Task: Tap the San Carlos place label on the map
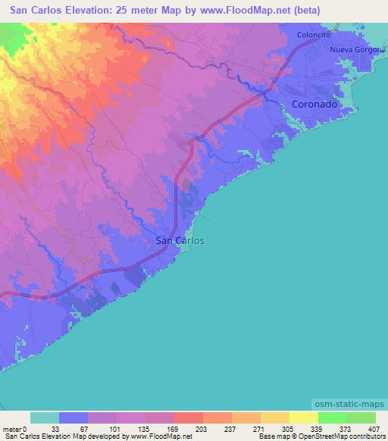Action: coord(179,240)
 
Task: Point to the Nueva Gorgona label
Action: coord(358,50)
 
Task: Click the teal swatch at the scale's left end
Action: coord(45,418)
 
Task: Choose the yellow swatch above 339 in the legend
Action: coord(304,418)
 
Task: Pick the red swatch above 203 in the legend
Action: coord(189,418)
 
